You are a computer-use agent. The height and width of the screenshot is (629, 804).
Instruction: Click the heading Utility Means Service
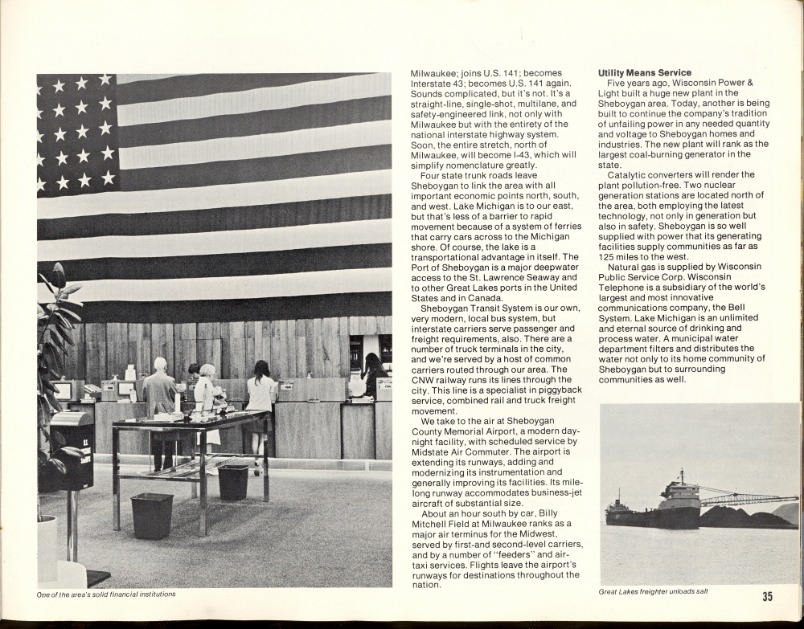pos(644,73)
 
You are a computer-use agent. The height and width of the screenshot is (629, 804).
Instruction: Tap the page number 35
pos(767,596)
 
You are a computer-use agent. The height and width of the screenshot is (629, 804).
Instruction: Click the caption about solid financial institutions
pos(106,594)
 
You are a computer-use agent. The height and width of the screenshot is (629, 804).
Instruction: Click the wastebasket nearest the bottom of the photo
pos(152,515)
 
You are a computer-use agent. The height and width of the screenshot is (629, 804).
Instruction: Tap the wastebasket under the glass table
pos(233,481)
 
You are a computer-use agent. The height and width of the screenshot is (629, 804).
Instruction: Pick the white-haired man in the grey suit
pos(161,402)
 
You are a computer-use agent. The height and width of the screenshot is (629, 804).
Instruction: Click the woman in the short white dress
pos(261,402)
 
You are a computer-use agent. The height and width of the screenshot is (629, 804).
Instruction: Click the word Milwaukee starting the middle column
pos(433,73)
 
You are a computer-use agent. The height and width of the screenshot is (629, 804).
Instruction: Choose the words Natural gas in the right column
pos(635,267)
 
